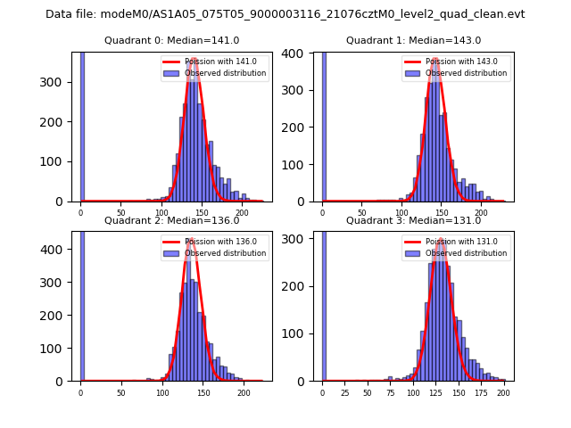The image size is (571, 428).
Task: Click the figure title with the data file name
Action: tap(285, 14)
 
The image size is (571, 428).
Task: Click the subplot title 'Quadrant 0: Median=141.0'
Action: tap(171, 40)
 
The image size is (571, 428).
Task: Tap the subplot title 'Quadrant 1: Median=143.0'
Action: tap(413, 40)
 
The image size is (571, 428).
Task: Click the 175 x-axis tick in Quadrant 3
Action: tap(481, 392)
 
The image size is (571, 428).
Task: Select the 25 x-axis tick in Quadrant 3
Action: tap(345, 392)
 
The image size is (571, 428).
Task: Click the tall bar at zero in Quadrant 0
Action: tap(81, 125)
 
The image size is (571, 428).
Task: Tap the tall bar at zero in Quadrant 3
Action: tap(323, 303)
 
